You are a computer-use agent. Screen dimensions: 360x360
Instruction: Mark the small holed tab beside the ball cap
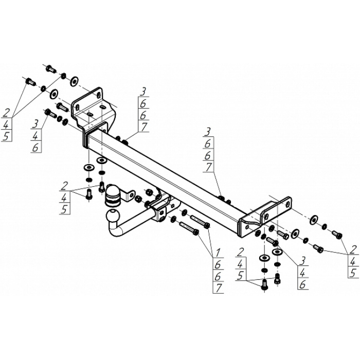tap(131, 197)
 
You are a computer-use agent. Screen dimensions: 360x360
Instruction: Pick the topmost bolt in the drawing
tap(50, 67)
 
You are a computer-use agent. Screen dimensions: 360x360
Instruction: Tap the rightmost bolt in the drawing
tap(337, 235)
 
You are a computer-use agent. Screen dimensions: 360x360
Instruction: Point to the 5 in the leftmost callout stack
tap(7, 136)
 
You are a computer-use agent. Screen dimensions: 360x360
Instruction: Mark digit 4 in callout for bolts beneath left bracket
tap(64, 197)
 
